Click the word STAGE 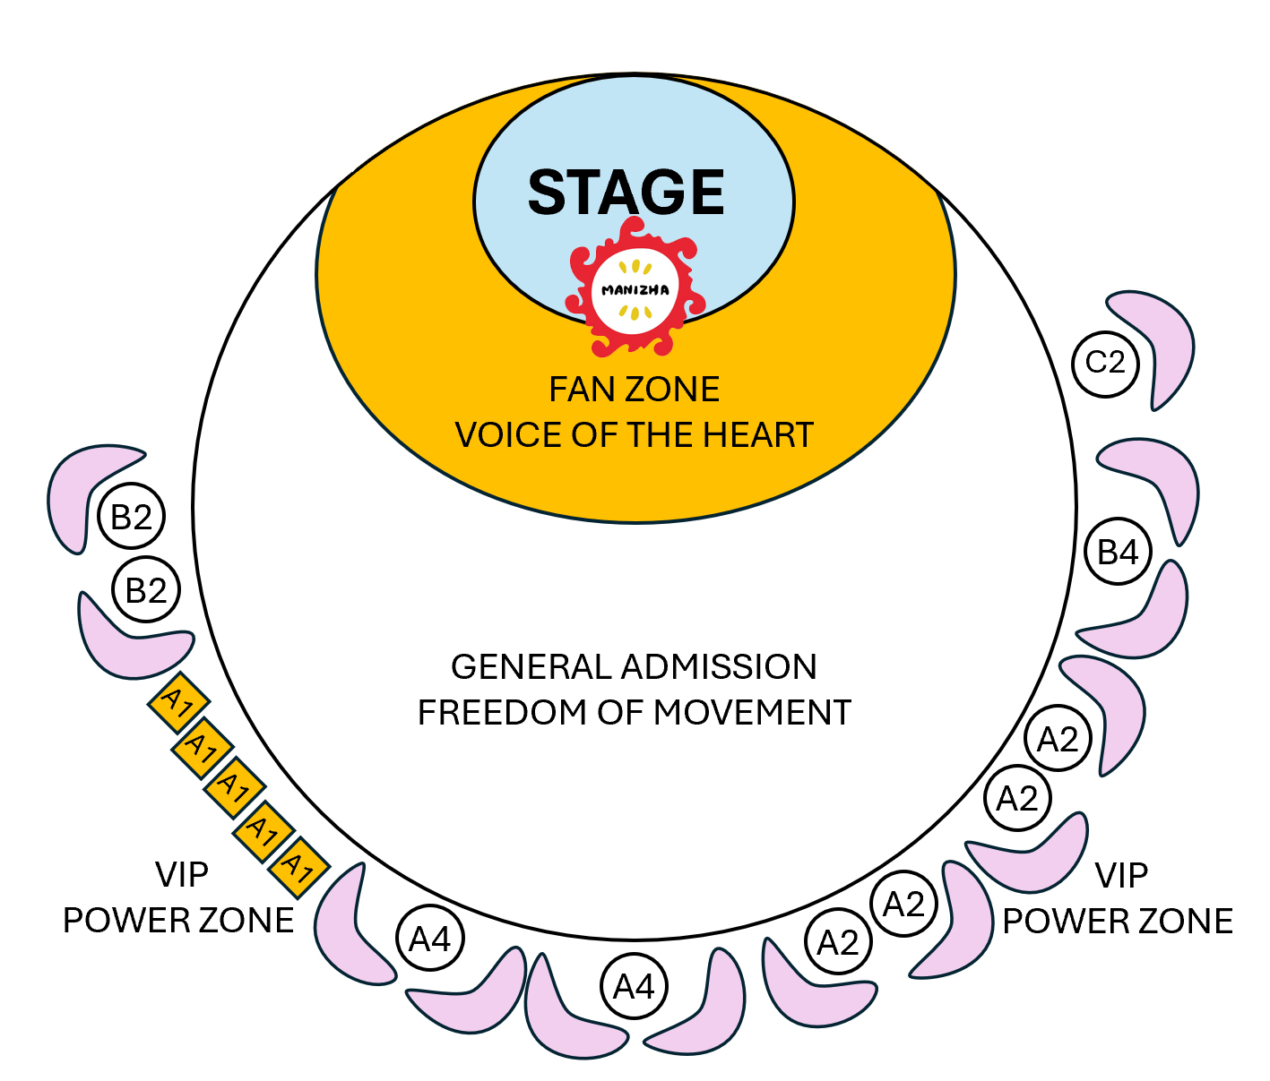tap(626, 193)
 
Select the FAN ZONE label tap(634, 390)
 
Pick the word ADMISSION tap(720, 667)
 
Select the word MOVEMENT tap(752, 713)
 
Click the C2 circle tap(1105, 363)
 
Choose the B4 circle tap(1118, 552)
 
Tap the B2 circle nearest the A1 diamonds tap(146, 591)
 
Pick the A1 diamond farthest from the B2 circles tap(298, 866)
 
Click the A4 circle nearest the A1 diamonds tap(430, 939)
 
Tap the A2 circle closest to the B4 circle tap(1058, 740)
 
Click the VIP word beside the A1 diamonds tap(182, 875)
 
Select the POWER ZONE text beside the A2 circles tap(1118, 922)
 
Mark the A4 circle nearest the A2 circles tap(634, 987)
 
